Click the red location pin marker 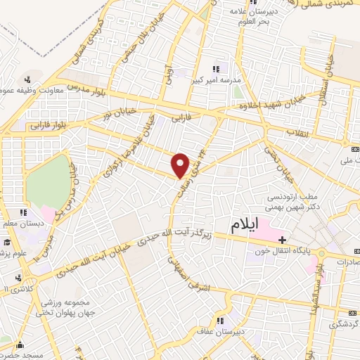pos(181,165)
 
